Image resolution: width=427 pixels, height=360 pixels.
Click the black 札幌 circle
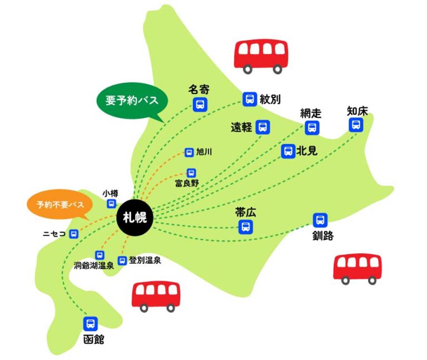[x=135, y=217]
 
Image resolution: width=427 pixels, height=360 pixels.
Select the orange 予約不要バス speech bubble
[x=60, y=205]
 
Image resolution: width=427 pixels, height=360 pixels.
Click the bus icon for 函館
[x=91, y=323]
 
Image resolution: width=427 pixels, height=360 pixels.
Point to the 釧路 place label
[x=323, y=236]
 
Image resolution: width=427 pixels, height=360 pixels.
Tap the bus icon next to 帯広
[x=246, y=226]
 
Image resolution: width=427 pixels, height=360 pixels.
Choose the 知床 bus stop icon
[x=356, y=125]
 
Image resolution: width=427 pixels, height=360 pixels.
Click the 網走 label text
[x=311, y=113]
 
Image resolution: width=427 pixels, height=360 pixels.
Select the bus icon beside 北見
[x=289, y=151]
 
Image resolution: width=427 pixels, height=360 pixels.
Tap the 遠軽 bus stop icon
[x=263, y=127]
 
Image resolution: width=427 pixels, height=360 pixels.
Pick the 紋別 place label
[x=270, y=99]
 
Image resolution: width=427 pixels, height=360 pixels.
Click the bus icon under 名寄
[x=200, y=105]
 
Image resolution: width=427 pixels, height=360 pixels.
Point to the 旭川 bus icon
[x=189, y=152]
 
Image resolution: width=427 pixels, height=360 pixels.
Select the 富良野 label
[x=187, y=183]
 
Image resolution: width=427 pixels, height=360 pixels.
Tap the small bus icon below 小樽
[x=111, y=204]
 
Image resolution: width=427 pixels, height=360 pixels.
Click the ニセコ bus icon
[x=74, y=234]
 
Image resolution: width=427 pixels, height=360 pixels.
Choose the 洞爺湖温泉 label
[x=94, y=266]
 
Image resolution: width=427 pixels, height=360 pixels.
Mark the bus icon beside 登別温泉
[x=122, y=260]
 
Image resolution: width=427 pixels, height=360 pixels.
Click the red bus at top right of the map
[x=261, y=56]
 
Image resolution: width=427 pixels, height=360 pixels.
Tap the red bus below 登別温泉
[x=156, y=297]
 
